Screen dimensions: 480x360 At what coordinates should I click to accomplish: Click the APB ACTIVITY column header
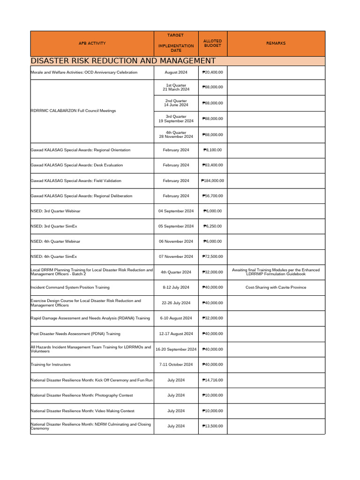(92, 44)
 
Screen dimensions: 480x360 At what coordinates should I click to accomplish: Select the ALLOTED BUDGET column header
(212, 44)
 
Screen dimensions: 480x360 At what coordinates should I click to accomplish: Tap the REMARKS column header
(276, 44)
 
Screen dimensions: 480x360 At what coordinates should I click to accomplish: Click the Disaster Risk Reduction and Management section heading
(123, 61)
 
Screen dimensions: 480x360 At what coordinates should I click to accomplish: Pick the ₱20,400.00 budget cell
(212, 73)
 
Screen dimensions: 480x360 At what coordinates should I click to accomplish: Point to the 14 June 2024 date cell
(176, 103)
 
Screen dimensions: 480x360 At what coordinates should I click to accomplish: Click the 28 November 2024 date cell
(176, 135)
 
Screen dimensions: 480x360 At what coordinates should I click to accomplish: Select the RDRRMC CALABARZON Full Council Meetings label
(73, 111)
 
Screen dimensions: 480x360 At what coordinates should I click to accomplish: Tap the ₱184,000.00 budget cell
(212, 180)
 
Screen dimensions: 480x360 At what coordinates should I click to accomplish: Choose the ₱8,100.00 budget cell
(212, 150)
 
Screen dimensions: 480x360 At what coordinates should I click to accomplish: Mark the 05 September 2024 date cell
(176, 226)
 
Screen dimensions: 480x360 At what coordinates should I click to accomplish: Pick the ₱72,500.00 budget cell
(212, 257)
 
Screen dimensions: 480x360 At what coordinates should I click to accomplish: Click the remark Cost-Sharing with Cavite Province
(276, 287)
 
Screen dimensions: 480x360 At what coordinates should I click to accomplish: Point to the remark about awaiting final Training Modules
(276, 272)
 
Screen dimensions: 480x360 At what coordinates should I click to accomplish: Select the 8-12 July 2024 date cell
(176, 287)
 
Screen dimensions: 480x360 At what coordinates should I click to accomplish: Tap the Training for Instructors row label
(51, 365)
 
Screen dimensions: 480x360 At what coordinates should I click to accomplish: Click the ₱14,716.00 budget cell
(212, 380)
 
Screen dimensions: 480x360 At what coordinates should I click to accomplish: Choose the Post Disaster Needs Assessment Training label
(75, 334)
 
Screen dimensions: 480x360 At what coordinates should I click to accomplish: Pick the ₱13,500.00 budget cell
(212, 426)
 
